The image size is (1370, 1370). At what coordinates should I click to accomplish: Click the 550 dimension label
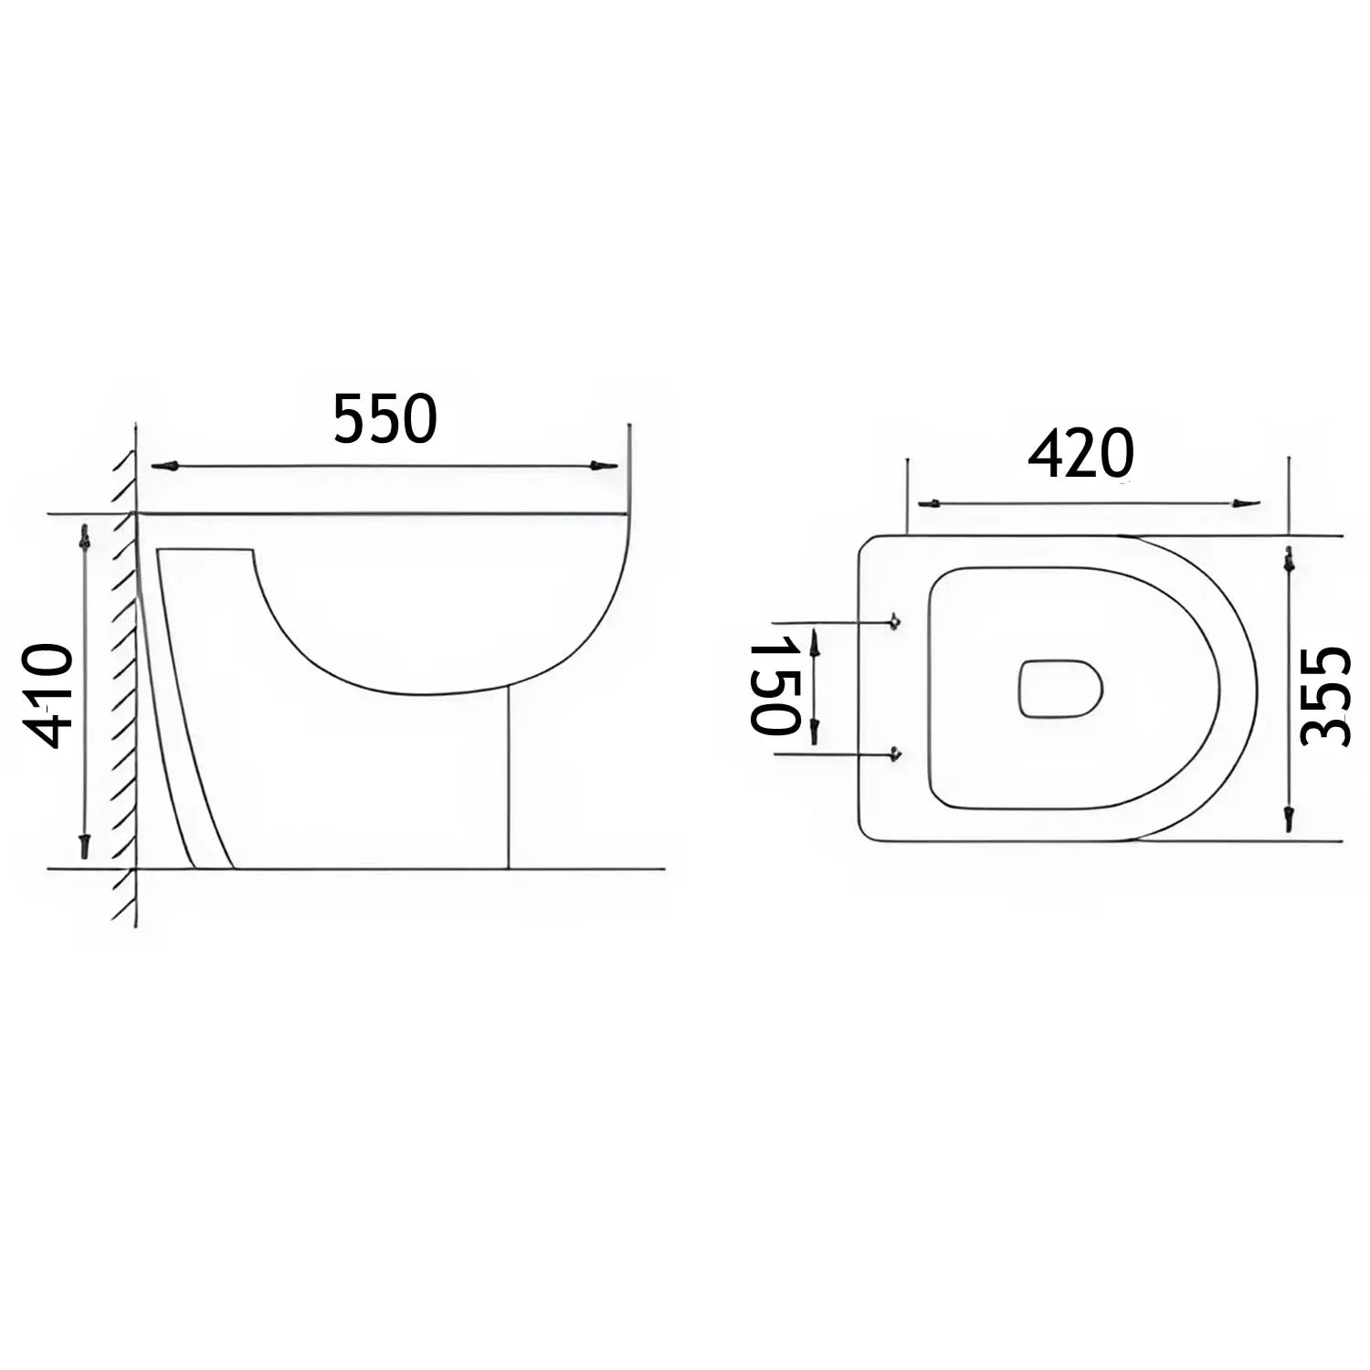(x=385, y=419)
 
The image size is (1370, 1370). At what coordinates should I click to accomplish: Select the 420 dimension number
(x=1080, y=454)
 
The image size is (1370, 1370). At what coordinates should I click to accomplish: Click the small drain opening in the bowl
(x=1060, y=688)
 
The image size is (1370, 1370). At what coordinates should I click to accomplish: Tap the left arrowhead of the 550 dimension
(x=164, y=466)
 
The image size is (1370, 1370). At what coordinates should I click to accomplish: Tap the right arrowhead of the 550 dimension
(x=604, y=466)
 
